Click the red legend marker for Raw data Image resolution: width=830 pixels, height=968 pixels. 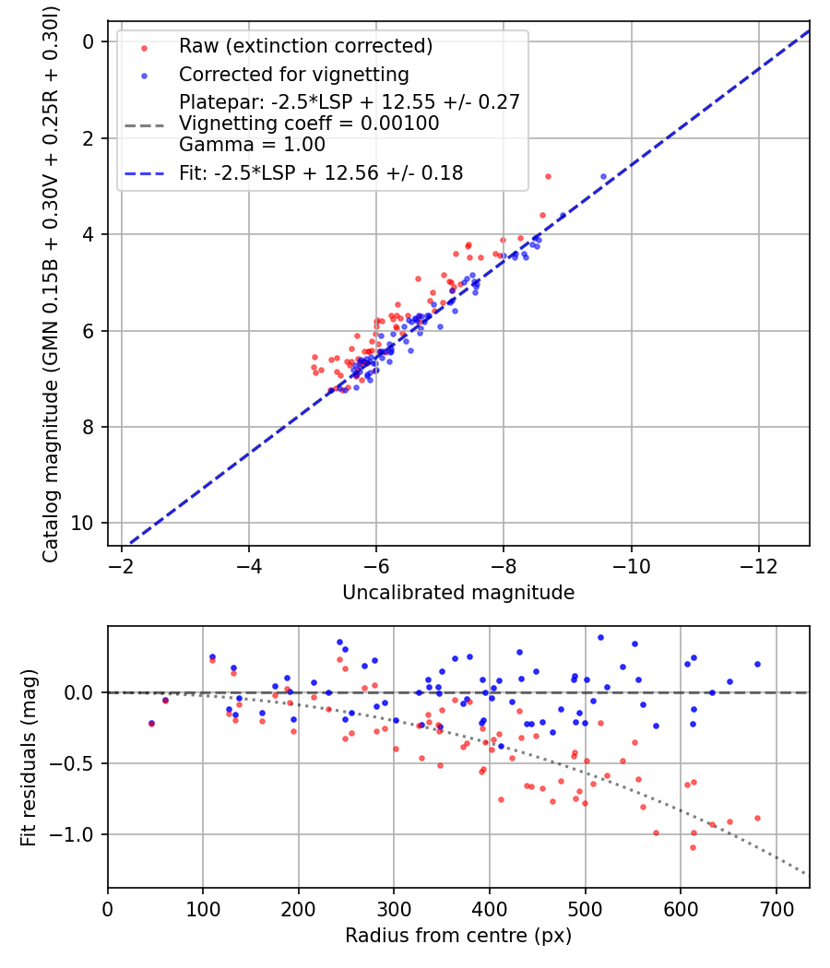(144, 48)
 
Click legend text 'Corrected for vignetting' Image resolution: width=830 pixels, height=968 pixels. (294, 75)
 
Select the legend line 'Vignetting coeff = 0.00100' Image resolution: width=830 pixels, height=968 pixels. (309, 124)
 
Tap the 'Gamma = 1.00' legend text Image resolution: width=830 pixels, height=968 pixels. (252, 145)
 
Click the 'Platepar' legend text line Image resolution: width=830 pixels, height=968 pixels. (350, 101)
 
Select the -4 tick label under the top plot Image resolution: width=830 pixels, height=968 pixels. (248, 566)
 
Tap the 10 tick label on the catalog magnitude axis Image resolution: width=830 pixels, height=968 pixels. (82, 524)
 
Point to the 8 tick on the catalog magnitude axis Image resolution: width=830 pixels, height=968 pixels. (89, 427)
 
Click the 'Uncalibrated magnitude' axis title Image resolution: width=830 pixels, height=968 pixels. (458, 593)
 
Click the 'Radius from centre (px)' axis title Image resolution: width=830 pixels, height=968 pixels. (458, 936)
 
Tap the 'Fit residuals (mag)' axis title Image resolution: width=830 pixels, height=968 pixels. (29, 758)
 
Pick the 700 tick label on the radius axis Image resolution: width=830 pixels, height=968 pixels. (776, 909)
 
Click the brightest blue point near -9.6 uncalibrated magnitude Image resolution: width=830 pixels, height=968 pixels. (603, 177)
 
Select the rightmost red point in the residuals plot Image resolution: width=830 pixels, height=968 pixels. (757, 818)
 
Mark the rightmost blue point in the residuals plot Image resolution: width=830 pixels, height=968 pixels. (757, 665)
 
